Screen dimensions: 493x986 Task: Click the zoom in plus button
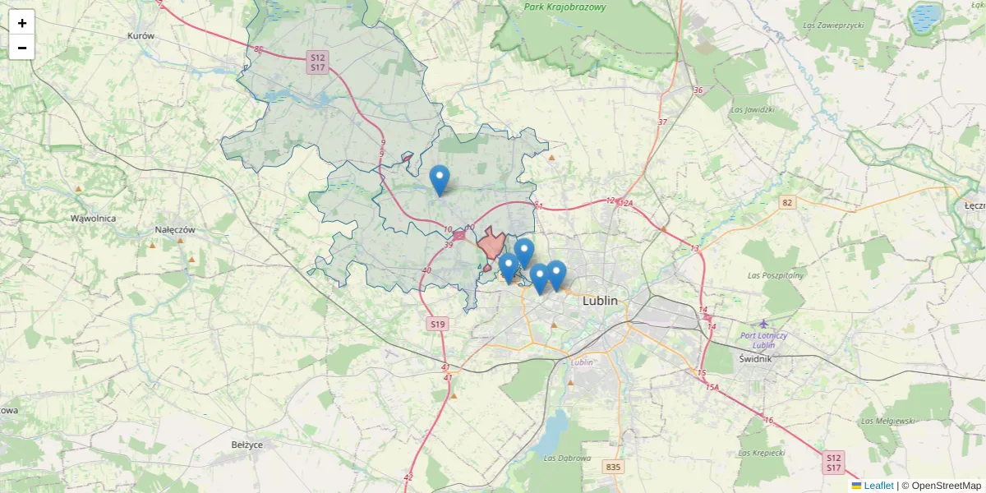click(22, 22)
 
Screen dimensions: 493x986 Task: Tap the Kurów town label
click(141, 36)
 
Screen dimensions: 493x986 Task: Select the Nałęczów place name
click(175, 230)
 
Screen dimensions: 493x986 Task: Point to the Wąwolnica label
click(93, 219)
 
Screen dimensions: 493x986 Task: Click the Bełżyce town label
click(246, 445)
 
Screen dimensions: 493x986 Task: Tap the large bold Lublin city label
click(599, 301)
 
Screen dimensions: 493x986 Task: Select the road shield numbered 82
click(788, 203)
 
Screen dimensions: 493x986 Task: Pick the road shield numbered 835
click(613, 467)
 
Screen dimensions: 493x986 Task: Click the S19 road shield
click(437, 325)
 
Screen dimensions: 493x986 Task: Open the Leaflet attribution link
click(878, 486)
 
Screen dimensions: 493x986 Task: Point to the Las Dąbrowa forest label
click(568, 458)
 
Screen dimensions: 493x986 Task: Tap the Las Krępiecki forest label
click(762, 453)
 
